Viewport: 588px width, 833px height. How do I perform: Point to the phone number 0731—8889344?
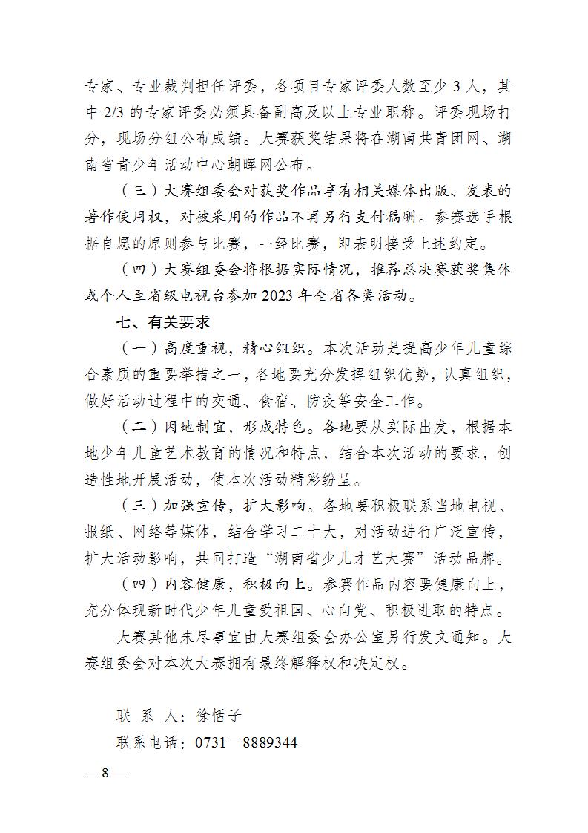click(x=246, y=742)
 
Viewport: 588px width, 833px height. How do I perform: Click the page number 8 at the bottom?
click(x=105, y=772)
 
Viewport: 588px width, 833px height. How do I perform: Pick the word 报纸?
click(x=100, y=532)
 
